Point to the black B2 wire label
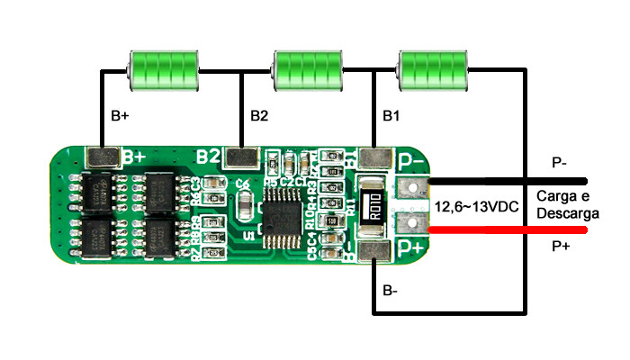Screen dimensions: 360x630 pos(259,117)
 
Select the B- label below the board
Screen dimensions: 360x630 pos(391,291)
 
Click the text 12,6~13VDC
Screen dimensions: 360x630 pos(476,207)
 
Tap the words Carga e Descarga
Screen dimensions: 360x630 pos(562,204)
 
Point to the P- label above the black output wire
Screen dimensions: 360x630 pos(559,163)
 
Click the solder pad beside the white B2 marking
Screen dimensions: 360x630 pos(241,158)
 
